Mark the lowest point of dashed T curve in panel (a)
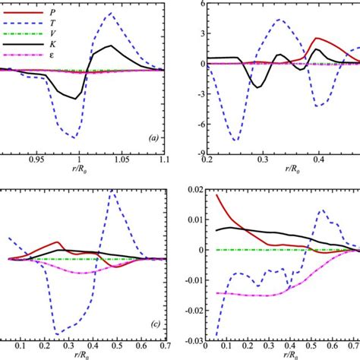pyautogui.click(x=74, y=137)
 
